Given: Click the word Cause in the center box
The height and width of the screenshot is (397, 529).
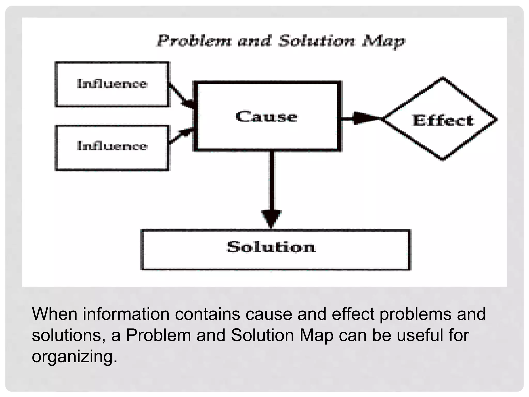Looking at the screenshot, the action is [266, 117].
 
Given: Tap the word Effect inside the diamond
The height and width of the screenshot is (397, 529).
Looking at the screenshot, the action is [443, 120].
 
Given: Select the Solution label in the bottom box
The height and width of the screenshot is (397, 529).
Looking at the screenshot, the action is [271, 247].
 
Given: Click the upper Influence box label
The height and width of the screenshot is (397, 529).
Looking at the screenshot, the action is [112, 83].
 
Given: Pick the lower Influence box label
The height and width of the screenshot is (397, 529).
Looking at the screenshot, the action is [112, 146].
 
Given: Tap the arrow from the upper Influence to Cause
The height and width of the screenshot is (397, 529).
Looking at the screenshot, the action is [182, 95].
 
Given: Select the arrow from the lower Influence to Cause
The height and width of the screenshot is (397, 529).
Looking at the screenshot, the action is [181, 135].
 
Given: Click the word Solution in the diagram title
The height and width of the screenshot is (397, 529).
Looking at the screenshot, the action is [317, 41].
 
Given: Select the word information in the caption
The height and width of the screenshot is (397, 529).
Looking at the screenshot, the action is [126, 314].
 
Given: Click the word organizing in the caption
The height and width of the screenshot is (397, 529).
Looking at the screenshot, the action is [74, 357].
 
